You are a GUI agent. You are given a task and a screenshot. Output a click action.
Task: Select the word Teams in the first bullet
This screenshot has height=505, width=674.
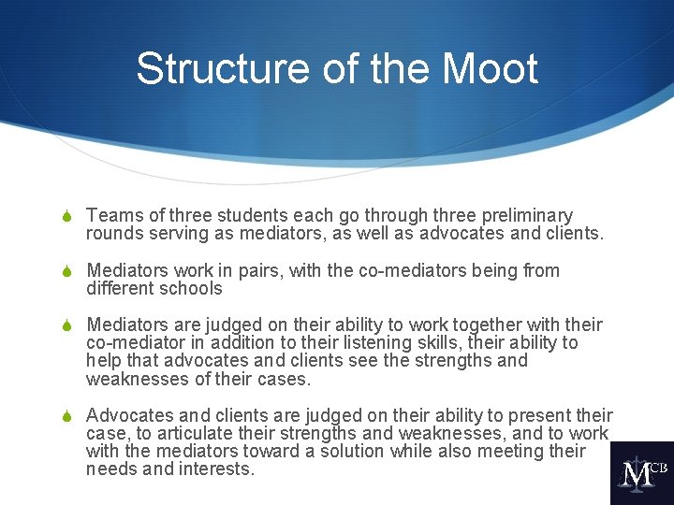point(112,216)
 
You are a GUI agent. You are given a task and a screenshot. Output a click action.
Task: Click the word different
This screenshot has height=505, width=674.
point(120,289)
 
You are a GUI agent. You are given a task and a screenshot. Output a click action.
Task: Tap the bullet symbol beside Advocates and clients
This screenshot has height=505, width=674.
point(67,416)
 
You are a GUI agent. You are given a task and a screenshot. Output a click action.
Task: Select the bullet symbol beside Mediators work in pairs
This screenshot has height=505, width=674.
point(67,272)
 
